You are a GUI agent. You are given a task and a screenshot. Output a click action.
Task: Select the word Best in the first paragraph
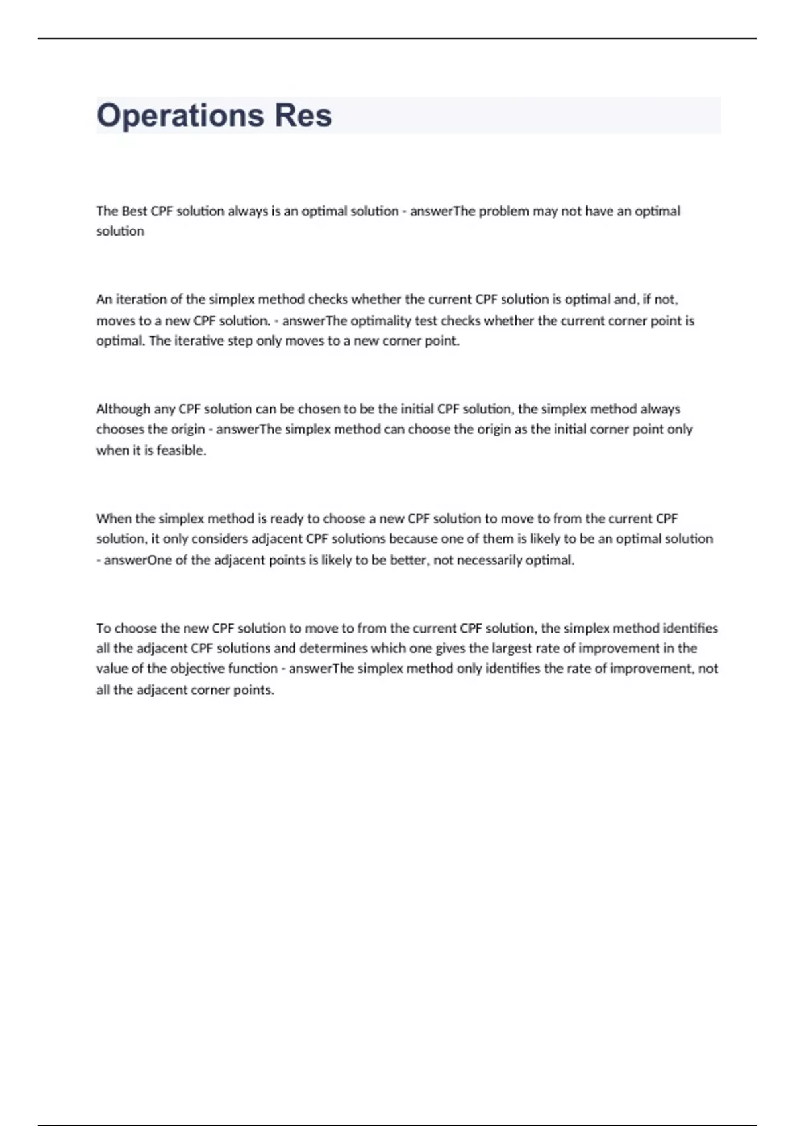coord(134,211)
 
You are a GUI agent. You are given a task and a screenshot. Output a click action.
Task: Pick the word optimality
coord(381,321)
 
